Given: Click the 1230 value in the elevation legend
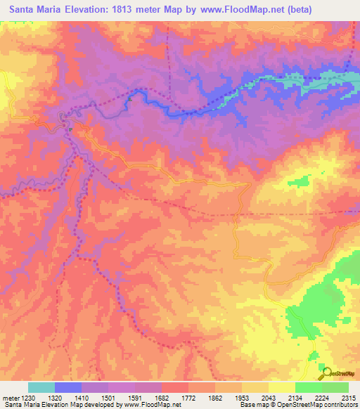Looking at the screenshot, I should [x=22, y=398].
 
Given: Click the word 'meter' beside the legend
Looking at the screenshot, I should [x=8, y=398].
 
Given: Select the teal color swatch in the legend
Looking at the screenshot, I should [x=41, y=387].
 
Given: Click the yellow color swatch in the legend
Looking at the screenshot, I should [x=281, y=387].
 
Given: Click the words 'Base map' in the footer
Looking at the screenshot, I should [x=253, y=405].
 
